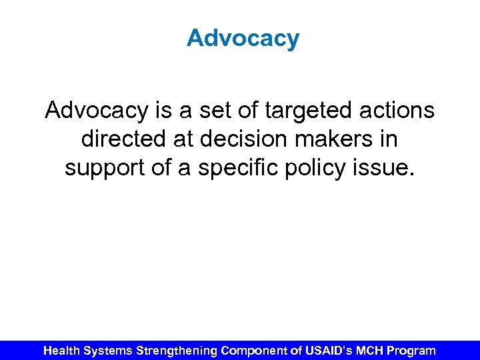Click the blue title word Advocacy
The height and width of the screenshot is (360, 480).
243,39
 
